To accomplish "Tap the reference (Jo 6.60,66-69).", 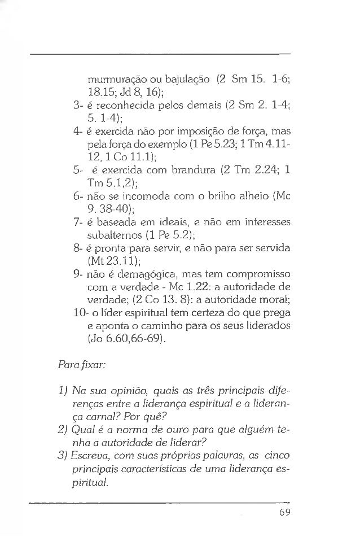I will pyautogui.click(x=125, y=340).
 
